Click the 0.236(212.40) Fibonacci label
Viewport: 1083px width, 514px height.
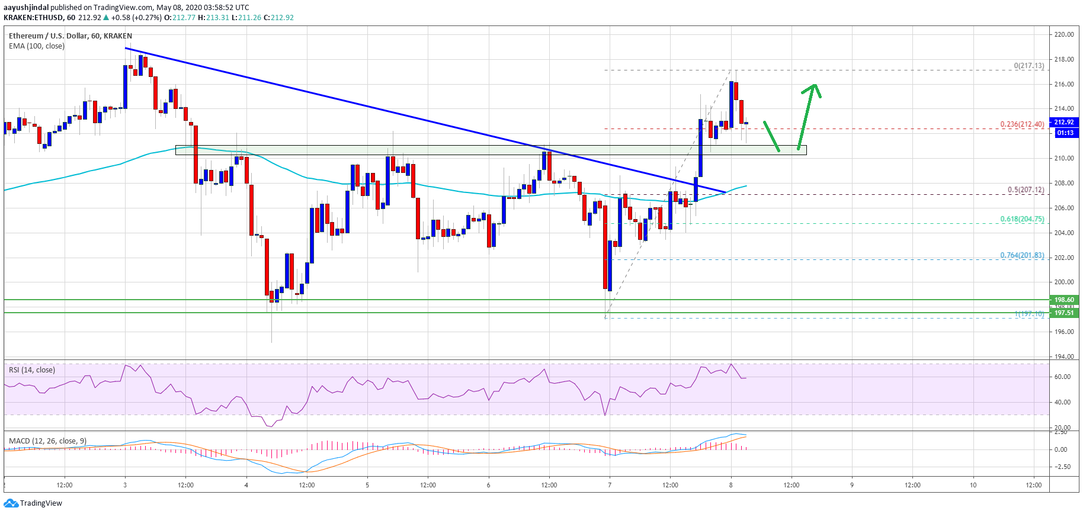(1022, 124)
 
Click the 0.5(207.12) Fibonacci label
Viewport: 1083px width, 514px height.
(1026, 190)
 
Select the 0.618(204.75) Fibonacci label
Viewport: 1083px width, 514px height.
(1022, 219)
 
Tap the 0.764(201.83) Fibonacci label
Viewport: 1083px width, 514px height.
(1022, 255)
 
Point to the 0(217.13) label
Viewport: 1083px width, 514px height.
(1029, 66)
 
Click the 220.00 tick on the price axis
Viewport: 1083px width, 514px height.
(1064, 34)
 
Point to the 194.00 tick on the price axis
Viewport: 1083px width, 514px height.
(1064, 356)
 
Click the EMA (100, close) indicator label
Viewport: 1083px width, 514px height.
(37, 46)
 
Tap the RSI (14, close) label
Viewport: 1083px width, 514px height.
(32, 370)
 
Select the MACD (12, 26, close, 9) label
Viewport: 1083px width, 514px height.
(47, 441)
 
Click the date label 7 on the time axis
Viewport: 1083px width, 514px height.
(610, 485)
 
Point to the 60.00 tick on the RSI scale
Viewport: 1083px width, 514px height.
(1062, 377)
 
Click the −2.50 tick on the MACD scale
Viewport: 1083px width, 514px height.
(1062, 467)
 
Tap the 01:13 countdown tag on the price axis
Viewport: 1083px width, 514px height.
(1065, 133)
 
